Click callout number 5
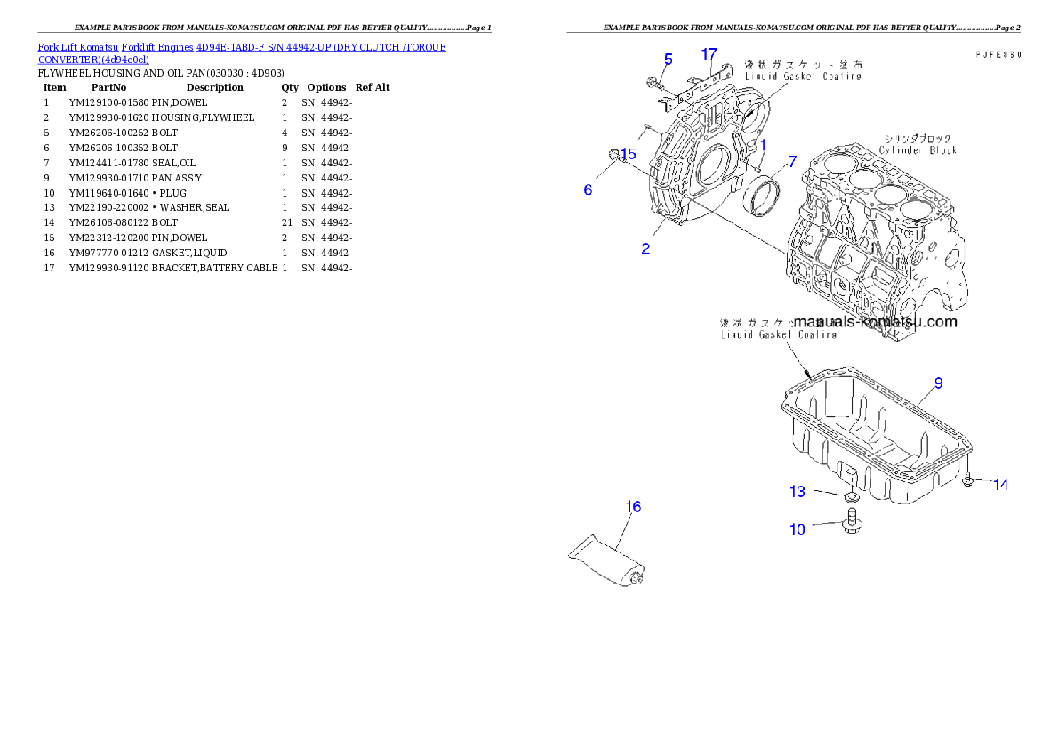[x=668, y=59]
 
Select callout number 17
[x=709, y=54]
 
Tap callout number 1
[x=762, y=143]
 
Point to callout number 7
[x=791, y=162]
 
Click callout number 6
[x=588, y=189]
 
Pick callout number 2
[x=645, y=249]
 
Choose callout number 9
[x=938, y=383]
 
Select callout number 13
[x=798, y=491]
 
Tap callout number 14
[x=1001, y=485]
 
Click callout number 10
[x=798, y=529]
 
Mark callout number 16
[x=633, y=507]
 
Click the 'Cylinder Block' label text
[x=918, y=150]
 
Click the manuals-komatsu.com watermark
[x=876, y=322]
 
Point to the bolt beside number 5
[x=653, y=84]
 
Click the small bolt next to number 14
[x=971, y=481]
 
